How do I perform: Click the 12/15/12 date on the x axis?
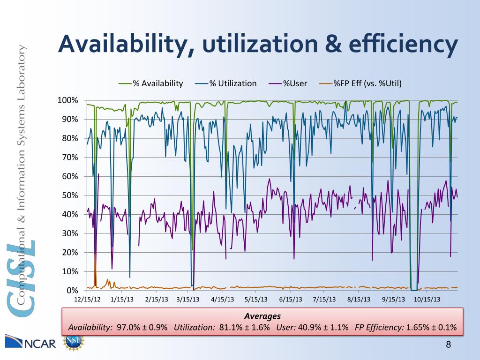pyautogui.click(x=87, y=299)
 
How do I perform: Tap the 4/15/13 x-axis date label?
pyautogui.click(x=223, y=299)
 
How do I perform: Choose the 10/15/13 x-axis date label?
pyautogui.click(x=426, y=299)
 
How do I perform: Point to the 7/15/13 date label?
pyautogui.click(x=324, y=299)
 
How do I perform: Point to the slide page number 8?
pyautogui.click(x=448, y=345)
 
